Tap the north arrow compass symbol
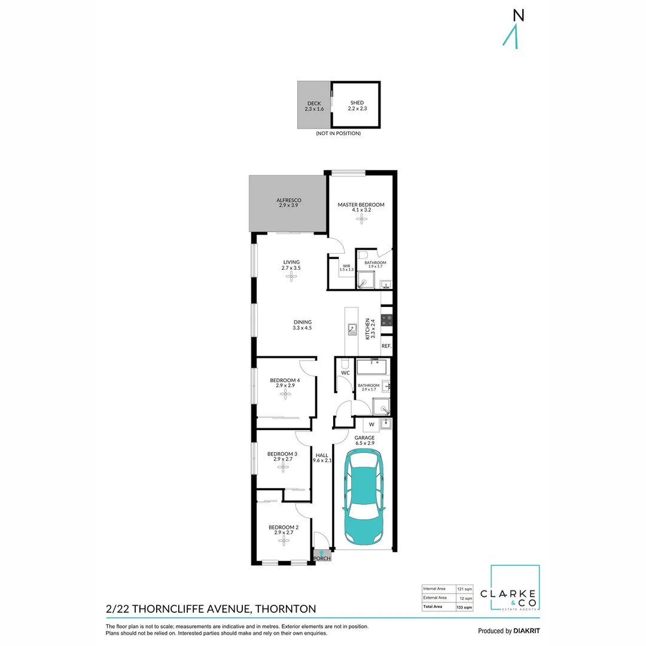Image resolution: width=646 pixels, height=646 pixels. [x=511, y=30]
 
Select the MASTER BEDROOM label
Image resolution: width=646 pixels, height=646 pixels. [x=361, y=205]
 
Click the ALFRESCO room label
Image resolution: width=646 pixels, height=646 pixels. [x=288, y=200]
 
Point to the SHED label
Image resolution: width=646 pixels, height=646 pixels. [x=356, y=103]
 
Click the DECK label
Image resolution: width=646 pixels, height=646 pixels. [x=314, y=103]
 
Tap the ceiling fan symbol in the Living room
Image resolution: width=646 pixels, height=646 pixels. [x=291, y=276]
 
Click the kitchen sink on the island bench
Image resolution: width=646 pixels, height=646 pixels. [x=353, y=328]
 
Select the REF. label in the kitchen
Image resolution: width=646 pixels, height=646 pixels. [x=386, y=346]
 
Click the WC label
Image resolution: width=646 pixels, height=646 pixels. [x=345, y=373]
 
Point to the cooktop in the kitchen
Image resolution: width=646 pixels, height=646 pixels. [x=386, y=321]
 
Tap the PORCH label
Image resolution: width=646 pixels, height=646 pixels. [x=322, y=559]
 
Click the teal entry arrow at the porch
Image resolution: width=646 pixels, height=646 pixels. [x=322, y=552]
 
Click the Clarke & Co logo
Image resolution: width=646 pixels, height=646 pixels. [x=515, y=589]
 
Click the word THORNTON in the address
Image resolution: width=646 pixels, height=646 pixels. [x=285, y=609]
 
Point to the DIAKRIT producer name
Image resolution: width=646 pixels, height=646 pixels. [x=526, y=631]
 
